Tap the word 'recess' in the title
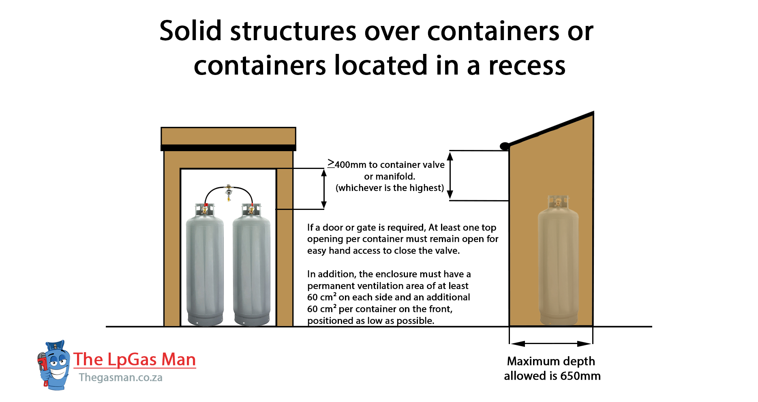coord(527,66)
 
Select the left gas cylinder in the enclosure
coord(205,267)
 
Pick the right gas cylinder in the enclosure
coord(251,267)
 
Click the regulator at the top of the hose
coord(229,192)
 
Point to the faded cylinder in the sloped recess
coord(558,263)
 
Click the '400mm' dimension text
coord(350,165)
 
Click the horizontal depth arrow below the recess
coord(551,344)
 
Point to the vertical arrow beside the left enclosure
coord(324,189)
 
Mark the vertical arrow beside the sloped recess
coord(450,175)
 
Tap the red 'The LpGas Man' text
coord(135,359)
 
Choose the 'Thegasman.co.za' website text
coord(120,378)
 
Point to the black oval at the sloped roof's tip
coord(505,146)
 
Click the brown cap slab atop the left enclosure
coord(228,136)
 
